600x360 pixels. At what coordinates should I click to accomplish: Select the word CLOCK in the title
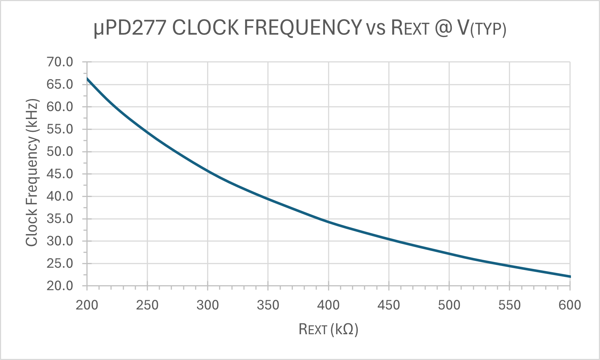206,28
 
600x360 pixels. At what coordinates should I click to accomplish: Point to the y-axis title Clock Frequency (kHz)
32,172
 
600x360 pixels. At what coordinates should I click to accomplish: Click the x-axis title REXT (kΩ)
328,329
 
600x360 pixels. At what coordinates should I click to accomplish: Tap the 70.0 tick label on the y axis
60,62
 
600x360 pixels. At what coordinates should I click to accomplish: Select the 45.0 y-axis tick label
60,174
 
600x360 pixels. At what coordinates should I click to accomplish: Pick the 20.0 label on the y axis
60,286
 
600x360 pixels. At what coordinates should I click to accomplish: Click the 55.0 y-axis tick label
60,129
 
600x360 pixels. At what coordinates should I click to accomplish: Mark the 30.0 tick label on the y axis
60,241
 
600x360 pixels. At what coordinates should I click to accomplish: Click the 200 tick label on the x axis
87,305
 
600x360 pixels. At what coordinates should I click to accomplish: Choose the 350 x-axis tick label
268,305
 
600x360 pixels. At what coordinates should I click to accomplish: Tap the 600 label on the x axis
570,305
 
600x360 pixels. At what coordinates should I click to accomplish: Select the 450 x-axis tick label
389,305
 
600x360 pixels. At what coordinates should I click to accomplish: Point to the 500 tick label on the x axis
449,305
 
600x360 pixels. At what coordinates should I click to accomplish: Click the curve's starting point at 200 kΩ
87,78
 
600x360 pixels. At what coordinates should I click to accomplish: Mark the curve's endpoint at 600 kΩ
570,277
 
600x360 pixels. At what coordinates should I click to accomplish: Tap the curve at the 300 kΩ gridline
208,171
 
